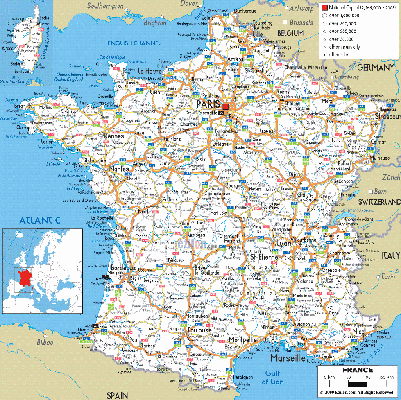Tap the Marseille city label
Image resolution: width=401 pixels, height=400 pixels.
pos(288,358)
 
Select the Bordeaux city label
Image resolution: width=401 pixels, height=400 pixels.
pos(123,268)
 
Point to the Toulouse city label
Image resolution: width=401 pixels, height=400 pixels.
pos(199,330)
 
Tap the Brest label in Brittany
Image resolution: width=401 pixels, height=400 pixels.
pos(20,106)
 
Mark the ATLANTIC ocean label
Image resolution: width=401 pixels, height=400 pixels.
pos(40,220)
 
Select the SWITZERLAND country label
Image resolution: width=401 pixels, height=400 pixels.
pos(379,202)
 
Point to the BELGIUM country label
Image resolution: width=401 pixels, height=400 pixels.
pos(290,33)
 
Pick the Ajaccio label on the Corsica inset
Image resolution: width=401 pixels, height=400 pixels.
pos(9,48)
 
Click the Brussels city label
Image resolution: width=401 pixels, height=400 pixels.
pos(301,23)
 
